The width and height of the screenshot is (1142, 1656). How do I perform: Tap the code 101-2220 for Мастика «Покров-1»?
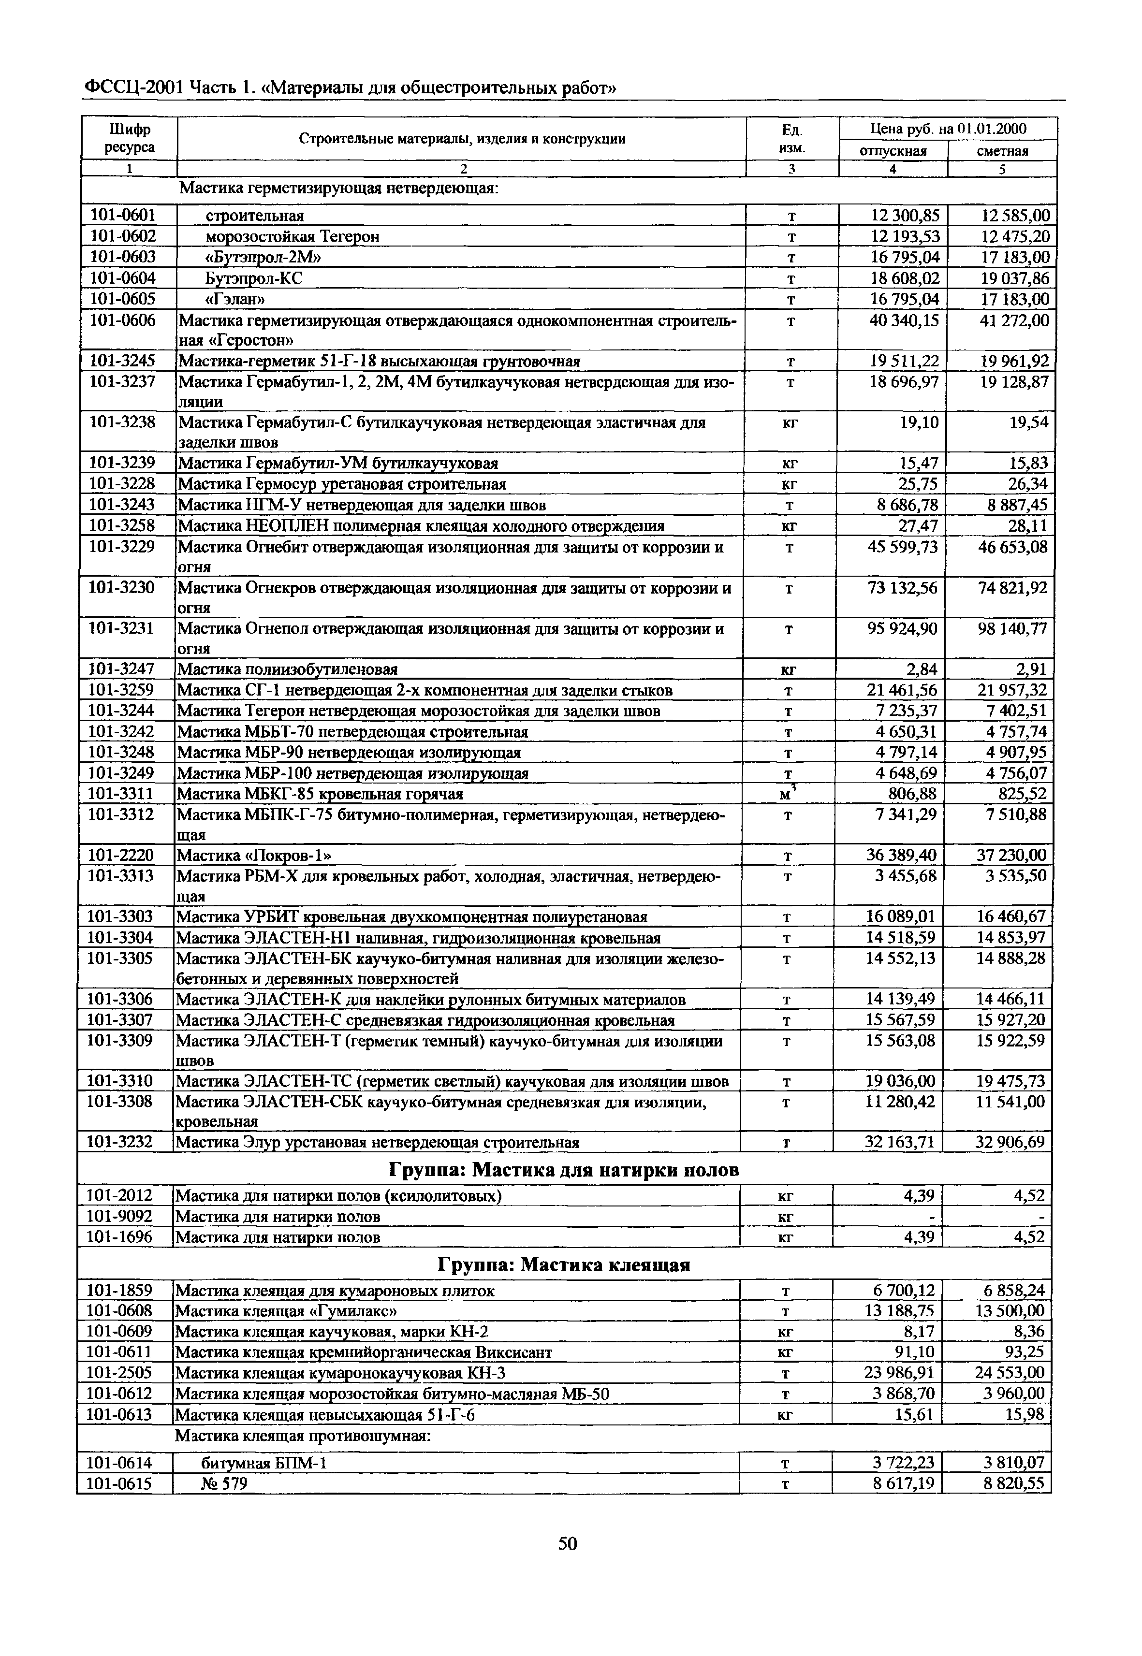120,856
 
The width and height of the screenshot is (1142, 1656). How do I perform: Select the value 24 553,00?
1010,1373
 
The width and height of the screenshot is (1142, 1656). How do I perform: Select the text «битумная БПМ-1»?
264,1464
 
